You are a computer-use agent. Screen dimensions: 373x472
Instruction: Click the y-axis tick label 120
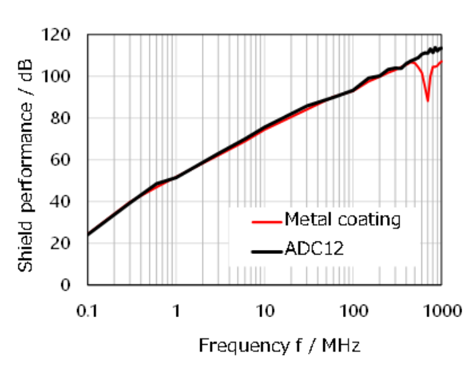(x=65, y=35)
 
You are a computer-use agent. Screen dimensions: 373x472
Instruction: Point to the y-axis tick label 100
(x=65, y=76)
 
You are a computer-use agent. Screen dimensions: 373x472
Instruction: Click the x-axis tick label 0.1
(x=88, y=309)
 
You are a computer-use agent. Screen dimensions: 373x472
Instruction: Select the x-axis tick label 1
(x=176, y=309)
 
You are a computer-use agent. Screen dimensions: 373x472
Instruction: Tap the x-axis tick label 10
(x=265, y=309)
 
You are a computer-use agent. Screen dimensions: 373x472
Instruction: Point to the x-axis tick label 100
(x=353, y=309)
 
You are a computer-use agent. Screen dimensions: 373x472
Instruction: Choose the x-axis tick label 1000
(x=440, y=309)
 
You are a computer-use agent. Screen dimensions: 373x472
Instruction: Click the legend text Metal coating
(x=342, y=220)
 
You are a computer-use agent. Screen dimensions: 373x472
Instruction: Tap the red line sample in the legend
(x=266, y=221)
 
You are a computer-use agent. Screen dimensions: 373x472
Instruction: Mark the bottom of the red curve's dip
(x=428, y=101)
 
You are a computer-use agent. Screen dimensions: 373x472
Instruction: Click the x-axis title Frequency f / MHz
(x=279, y=345)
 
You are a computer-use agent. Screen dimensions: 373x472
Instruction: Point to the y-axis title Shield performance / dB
(x=26, y=161)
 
